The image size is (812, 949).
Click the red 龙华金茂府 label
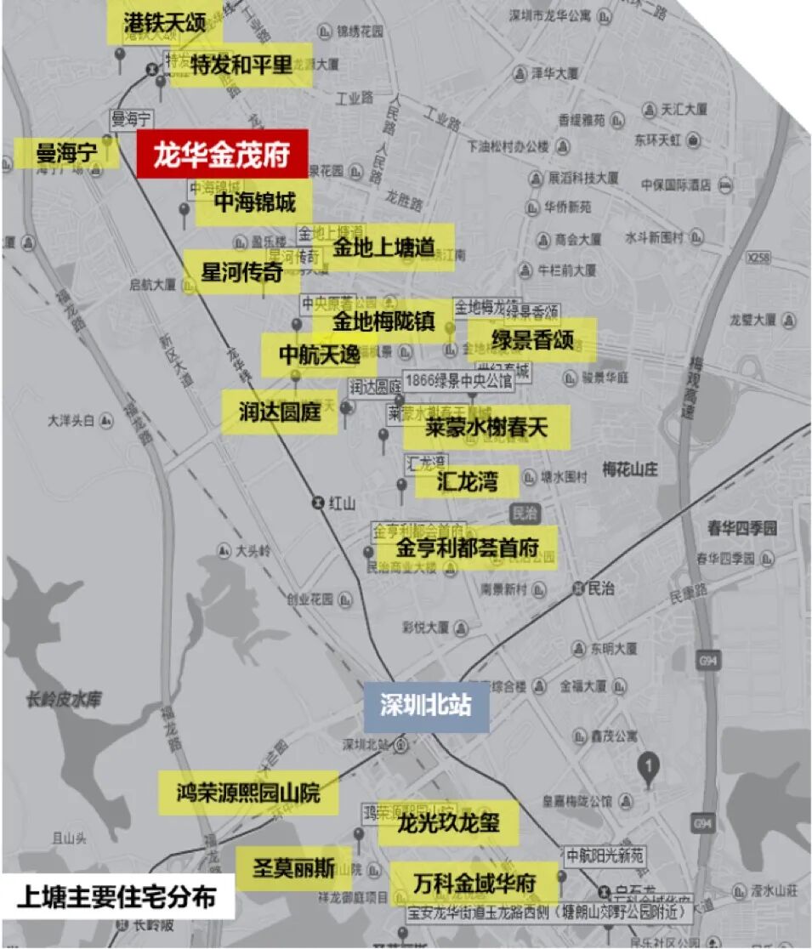222,156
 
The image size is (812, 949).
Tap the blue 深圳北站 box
426,707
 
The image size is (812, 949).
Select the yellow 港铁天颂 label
165,23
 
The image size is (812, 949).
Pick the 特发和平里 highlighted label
241,65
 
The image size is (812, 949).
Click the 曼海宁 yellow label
66,154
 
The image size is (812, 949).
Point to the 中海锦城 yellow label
254,202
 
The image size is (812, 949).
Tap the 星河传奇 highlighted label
241,272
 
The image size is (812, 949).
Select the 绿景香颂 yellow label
532,340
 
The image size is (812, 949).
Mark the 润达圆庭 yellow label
280,412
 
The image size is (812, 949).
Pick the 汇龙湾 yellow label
466,481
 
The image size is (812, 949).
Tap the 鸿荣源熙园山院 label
248,793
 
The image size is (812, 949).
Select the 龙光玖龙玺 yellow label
448,822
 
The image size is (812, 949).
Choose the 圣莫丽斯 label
294,868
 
